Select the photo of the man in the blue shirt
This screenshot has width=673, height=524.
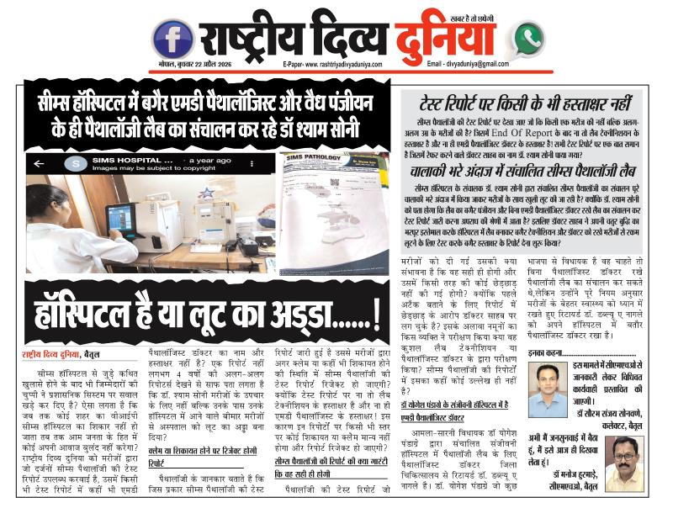click(x=547, y=387)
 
